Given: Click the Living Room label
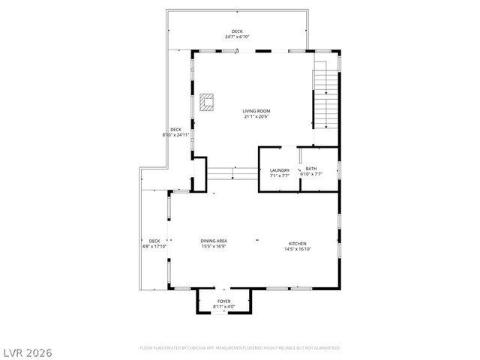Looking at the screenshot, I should (255, 111).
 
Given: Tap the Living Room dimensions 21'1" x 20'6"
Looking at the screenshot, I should (255, 117).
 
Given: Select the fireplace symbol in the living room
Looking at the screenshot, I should (207, 101).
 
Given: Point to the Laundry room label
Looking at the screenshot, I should (279, 169).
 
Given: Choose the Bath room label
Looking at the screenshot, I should (310, 169).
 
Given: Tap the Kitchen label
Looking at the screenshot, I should (298, 244).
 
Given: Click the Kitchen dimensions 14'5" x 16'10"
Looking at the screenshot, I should (298, 250).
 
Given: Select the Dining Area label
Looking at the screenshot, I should (214, 241).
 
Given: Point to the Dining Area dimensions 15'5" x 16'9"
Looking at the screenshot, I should (214, 247).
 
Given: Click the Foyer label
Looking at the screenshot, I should (223, 301).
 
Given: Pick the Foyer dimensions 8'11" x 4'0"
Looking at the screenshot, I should (223, 307).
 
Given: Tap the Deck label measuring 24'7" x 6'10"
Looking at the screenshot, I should (237, 31).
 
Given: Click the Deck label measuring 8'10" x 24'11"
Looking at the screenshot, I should (175, 130).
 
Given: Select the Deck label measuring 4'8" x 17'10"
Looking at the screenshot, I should (154, 241).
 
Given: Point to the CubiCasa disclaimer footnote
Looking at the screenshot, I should (240, 348).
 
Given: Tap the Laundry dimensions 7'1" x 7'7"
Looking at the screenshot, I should (279, 175).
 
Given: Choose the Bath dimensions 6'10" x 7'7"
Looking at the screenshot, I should (310, 175).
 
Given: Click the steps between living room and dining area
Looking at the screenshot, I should (232, 173).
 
